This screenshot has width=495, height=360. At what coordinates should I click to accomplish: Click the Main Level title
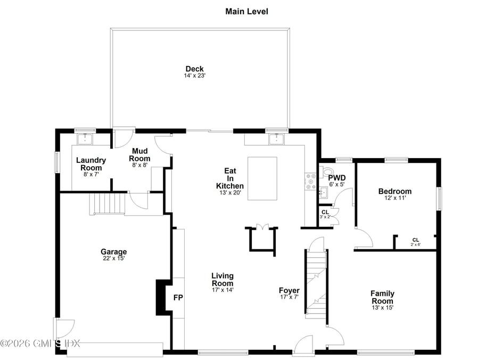tap(247, 11)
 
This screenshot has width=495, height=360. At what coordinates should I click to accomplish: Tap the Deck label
tap(194, 69)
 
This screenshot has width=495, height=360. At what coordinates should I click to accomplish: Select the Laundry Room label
tap(91, 163)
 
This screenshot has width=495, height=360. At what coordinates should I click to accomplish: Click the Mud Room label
tap(141, 155)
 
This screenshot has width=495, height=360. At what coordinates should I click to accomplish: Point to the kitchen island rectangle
tap(262, 178)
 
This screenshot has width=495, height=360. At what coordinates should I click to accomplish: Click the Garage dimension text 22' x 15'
tap(114, 258)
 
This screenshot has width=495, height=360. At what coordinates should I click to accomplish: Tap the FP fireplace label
tap(178, 297)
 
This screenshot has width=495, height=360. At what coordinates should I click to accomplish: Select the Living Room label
tap(222, 279)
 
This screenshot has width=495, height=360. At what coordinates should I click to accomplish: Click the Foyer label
tap(290, 290)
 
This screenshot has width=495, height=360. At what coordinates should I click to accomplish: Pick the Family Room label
tap(382, 297)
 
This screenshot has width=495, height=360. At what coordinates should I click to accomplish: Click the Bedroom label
tap(394, 191)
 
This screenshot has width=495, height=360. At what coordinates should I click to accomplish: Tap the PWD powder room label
tap(336, 178)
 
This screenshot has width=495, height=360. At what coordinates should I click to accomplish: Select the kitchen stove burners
tap(310, 181)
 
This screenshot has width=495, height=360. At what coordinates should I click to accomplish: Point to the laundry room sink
tap(85, 140)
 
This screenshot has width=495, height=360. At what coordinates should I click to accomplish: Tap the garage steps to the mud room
tap(106, 203)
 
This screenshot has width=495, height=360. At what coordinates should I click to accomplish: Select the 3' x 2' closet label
tap(325, 214)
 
